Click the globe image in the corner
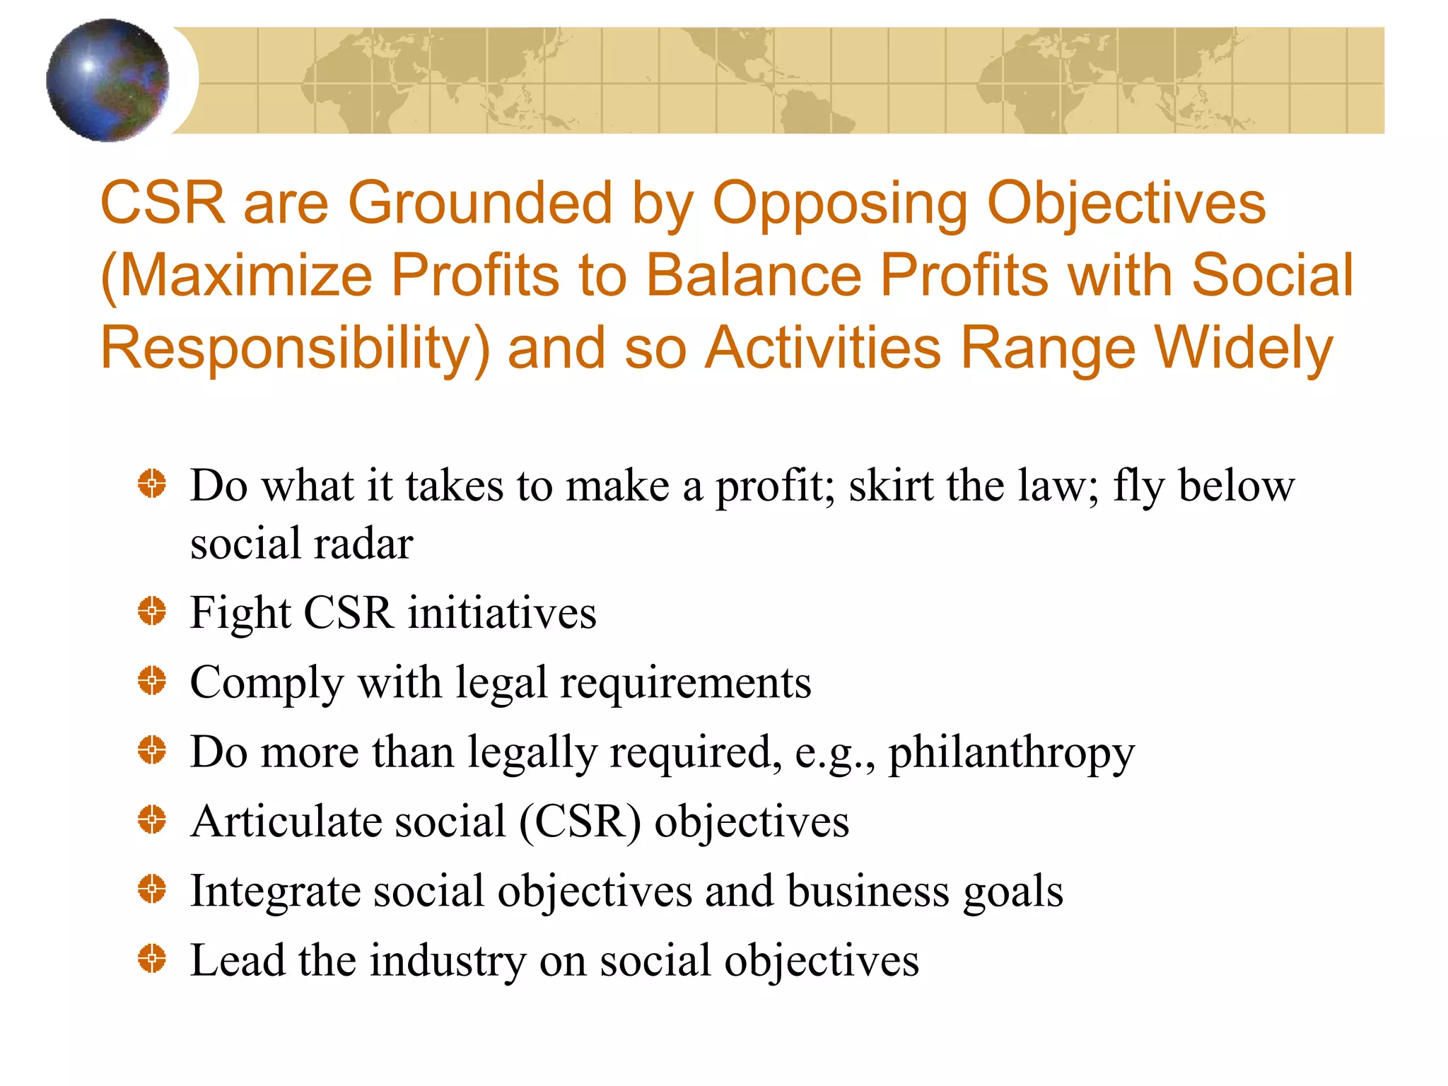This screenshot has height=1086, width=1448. [107, 80]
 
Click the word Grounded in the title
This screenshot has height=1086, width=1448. [479, 203]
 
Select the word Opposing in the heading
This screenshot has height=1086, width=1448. [839, 203]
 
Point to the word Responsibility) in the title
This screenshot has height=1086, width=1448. [295, 349]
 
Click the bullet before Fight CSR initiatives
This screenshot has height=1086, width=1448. [152, 611]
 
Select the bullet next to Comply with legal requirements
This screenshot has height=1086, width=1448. [152, 681]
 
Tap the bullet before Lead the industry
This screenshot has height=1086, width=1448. [152, 959]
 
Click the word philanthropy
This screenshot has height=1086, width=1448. [1011, 752]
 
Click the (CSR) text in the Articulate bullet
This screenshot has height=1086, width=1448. [580, 822]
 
